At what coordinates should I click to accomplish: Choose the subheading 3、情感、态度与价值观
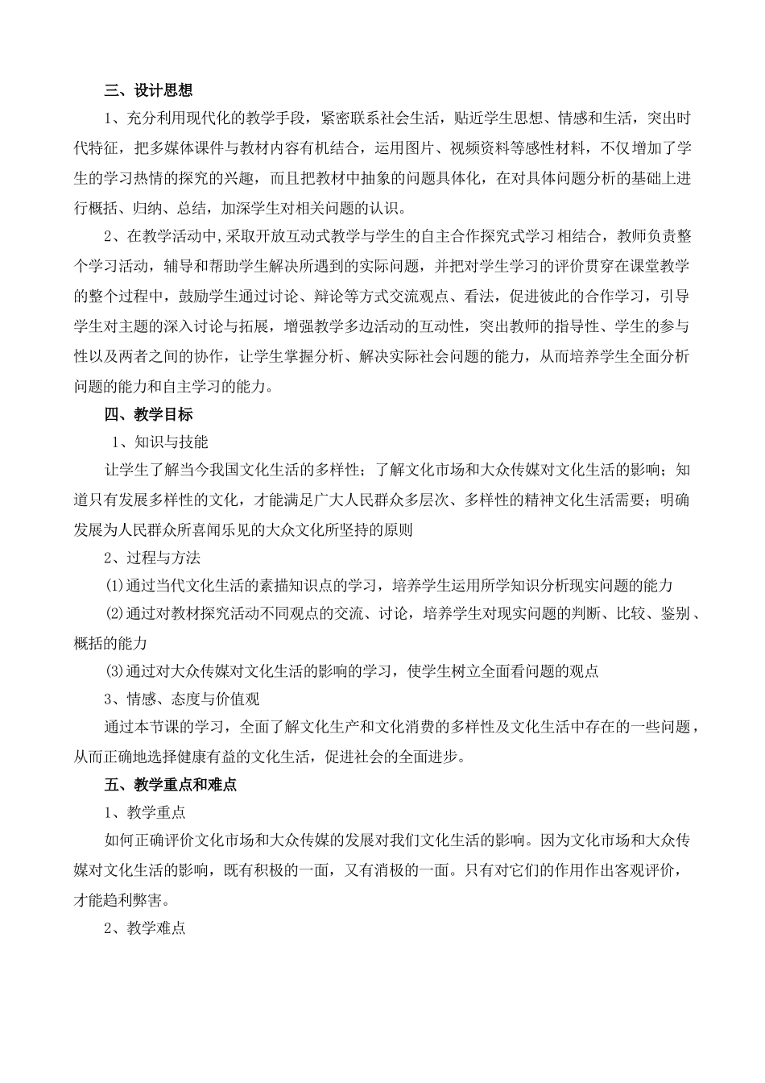(182, 699)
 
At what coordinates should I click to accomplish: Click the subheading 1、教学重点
(145, 812)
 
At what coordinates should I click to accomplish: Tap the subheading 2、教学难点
(145, 927)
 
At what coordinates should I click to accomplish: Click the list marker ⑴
(115, 586)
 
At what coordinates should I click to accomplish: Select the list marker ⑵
(115, 614)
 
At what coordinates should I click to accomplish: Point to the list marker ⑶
(115, 671)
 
